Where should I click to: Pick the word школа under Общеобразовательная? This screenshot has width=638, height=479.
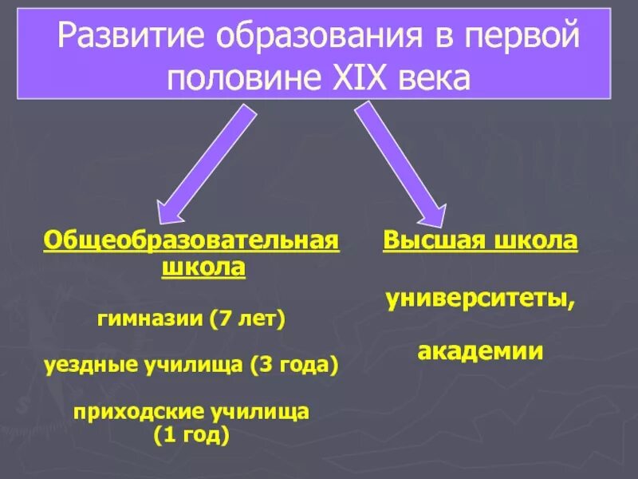203,267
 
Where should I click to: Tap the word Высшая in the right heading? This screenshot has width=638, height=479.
429,241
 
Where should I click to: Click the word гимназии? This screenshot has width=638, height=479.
151,319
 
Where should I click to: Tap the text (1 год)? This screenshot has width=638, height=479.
191,436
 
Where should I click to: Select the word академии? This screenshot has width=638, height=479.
481,350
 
